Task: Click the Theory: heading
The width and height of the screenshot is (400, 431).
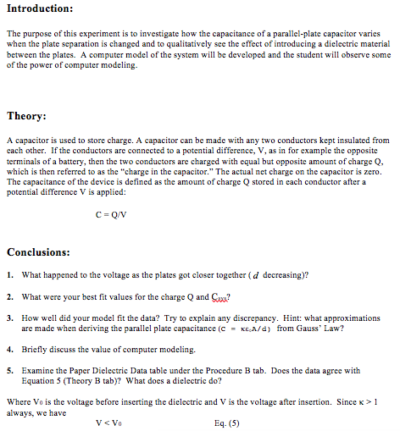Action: coord(26,116)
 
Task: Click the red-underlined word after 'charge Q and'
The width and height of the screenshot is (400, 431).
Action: coord(219,296)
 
